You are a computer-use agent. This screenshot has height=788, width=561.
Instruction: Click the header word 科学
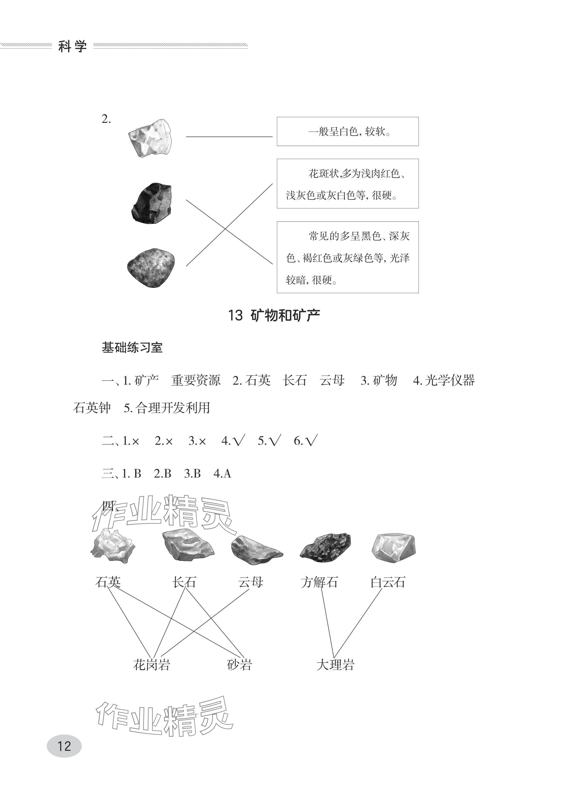[73, 46]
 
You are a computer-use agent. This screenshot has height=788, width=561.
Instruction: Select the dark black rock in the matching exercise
[152, 203]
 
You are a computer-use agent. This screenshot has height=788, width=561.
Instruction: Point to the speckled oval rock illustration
[151, 267]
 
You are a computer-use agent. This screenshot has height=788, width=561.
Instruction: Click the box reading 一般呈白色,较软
[348, 132]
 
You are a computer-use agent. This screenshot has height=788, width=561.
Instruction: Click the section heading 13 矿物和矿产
[274, 315]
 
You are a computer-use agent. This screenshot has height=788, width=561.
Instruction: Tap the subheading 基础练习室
[132, 347]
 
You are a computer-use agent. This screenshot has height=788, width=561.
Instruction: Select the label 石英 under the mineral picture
[108, 582]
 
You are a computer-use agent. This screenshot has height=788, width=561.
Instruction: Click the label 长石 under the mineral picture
[184, 582]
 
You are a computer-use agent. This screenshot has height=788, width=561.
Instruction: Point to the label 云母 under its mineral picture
[251, 582]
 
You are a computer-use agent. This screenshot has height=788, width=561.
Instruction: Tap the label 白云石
[388, 582]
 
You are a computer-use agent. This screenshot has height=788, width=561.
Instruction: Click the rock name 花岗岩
[152, 665]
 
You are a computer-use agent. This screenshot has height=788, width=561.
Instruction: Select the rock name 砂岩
[239, 665]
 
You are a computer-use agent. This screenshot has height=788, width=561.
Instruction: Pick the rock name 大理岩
[335, 665]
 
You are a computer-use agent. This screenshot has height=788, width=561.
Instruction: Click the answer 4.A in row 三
[222, 473]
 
